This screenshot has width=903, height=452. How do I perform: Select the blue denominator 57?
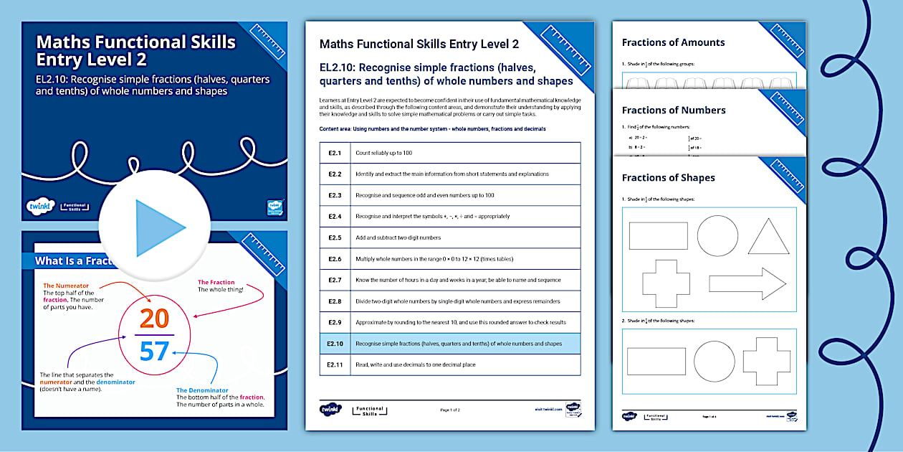(x=154, y=351)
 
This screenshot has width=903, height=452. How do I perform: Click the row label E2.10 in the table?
(x=335, y=344)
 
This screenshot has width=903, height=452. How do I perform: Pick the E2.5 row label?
(x=335, y=237)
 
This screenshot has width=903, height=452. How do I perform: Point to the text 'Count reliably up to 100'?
(x=383, y=153)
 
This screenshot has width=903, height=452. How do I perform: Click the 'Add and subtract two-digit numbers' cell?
(x=398, y=237)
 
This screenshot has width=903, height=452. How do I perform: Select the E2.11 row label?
(x=335, y=364)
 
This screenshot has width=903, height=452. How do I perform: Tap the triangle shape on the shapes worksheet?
(x=768, y=237)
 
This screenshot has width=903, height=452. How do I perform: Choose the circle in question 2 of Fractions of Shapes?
(x=715, y=361)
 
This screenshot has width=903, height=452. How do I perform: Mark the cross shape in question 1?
(x=665, y=283)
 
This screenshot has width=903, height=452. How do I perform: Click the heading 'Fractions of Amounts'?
(x=673, y=42)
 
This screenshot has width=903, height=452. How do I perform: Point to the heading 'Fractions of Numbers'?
(x=674, y=110)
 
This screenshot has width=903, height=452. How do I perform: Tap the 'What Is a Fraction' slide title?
(x=75, y=261)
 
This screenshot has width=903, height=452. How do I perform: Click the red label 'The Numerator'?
(x=67, y=285)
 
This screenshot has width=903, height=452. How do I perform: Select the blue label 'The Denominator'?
(x=206, y=390)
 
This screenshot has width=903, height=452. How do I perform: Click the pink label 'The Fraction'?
(x=216, y=283)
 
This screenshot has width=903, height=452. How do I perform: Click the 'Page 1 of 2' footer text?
(x=450, y=410)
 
